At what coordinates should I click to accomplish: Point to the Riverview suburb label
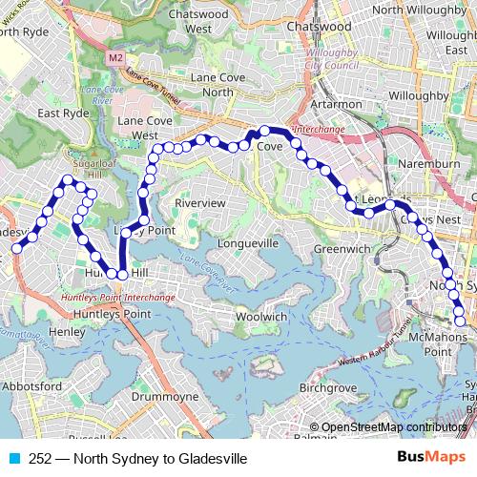[200, 204]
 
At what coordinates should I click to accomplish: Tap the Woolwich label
[260, 316]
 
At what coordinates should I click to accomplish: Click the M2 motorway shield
[116, 58]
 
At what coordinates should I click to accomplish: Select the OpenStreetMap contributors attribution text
[391, 427]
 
